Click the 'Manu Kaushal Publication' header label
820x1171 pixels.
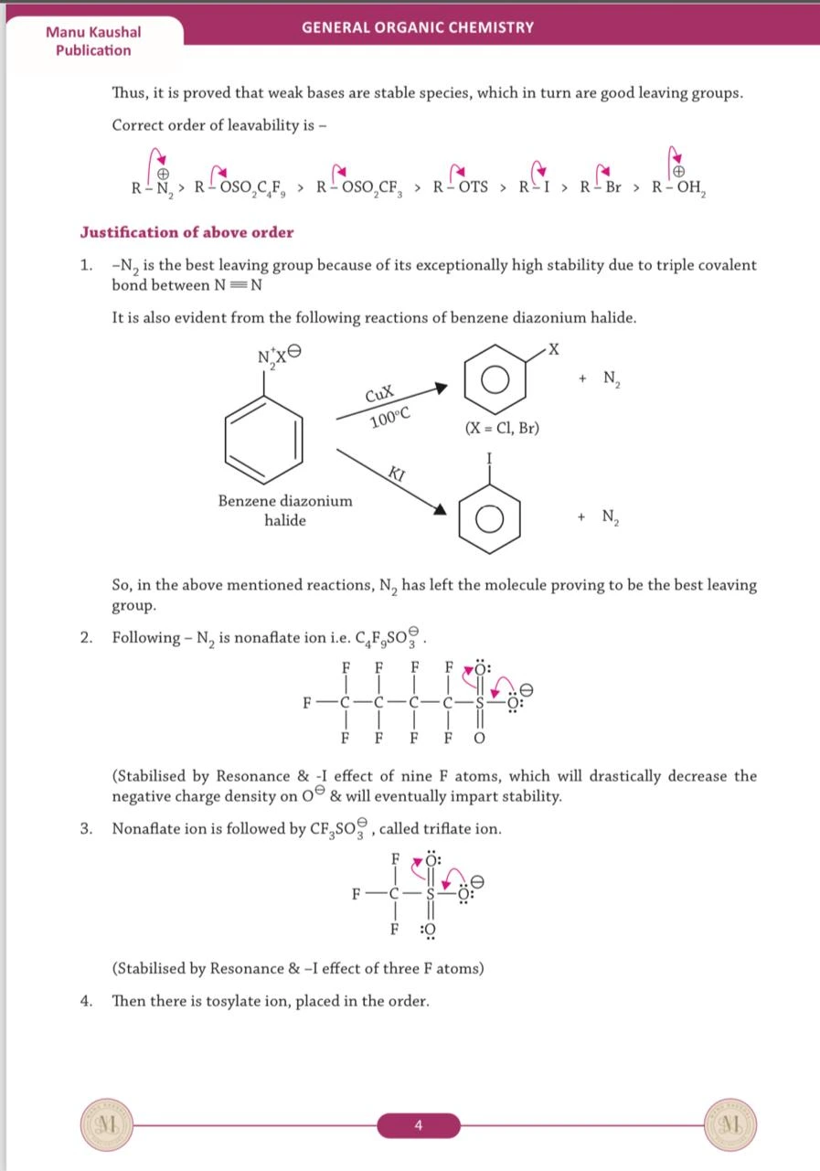(92, 41)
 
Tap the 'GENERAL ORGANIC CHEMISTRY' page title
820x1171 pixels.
(418, 27)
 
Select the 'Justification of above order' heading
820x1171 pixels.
(186, 232)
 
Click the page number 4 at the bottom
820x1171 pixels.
(418, 1125)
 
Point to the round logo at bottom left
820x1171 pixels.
(107, 1124)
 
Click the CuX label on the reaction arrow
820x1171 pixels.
(378, 395)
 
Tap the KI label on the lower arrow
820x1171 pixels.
(397, 474)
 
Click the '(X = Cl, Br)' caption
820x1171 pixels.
(501, 428)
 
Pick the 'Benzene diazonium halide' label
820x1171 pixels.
(285, 510)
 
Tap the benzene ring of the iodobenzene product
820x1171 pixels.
(489, 519)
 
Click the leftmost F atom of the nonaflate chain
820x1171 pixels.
(309, 704)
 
